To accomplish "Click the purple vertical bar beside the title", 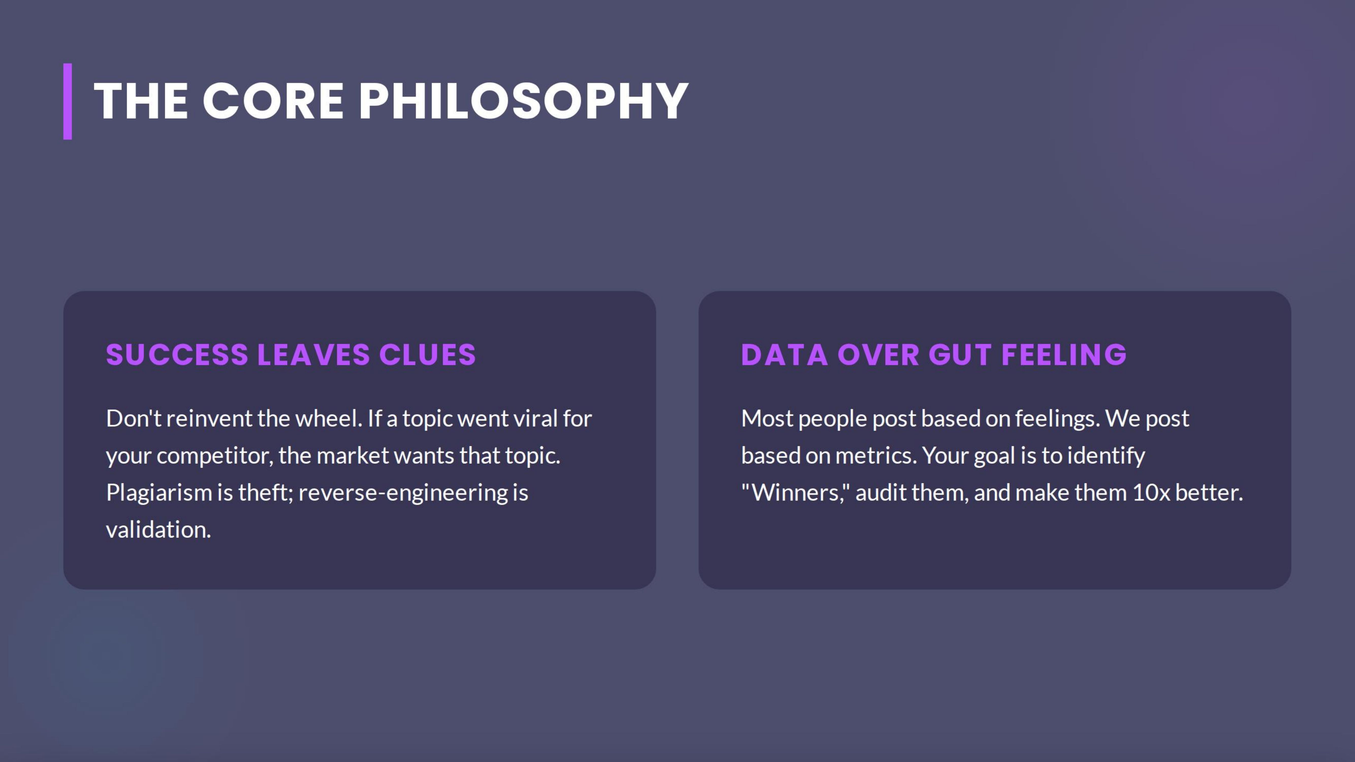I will (x=67, y=102).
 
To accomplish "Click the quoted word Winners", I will (x=795, y=493).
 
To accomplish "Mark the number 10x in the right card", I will (x=1151, y=493).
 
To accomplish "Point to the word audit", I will (x=881, y=493).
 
